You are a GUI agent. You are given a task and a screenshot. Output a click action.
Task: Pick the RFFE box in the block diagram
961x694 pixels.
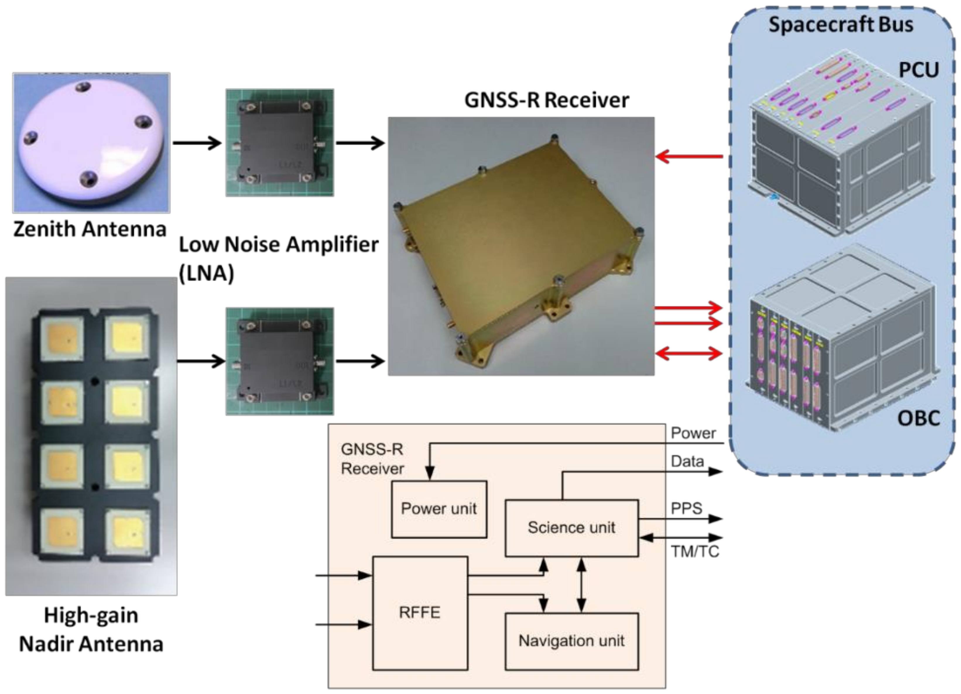coord(419,613)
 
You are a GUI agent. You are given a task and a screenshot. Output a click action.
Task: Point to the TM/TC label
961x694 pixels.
coord(695,552)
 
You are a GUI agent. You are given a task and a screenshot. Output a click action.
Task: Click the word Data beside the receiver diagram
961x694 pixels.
coord(687,461)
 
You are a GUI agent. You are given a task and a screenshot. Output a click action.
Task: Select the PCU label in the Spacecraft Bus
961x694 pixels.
coord(918,70)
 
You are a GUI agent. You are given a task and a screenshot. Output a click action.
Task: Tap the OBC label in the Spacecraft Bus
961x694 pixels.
coord(918,418)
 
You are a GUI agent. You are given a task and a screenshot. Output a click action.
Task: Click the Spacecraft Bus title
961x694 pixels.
coord(841,24)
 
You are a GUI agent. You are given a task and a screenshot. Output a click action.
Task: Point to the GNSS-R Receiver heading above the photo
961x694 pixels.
coord(547,100)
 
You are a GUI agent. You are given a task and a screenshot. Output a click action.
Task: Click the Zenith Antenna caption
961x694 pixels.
coord(90,229)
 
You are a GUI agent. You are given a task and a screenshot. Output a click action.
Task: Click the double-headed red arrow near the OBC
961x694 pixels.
coord(688,353)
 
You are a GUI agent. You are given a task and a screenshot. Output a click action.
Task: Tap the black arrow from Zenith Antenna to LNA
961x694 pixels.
coord(197,143)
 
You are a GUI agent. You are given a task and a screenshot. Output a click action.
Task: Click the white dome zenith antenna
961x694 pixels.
coord(91,142)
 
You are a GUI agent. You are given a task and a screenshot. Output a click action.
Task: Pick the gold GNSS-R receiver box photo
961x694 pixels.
coord(521,246)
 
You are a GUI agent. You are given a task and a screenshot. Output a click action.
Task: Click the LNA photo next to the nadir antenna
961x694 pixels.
coord(280,361)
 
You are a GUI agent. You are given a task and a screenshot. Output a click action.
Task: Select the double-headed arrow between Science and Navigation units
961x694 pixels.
coord(581,585)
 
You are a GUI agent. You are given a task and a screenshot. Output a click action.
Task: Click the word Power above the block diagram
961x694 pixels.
coord(693,433)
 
